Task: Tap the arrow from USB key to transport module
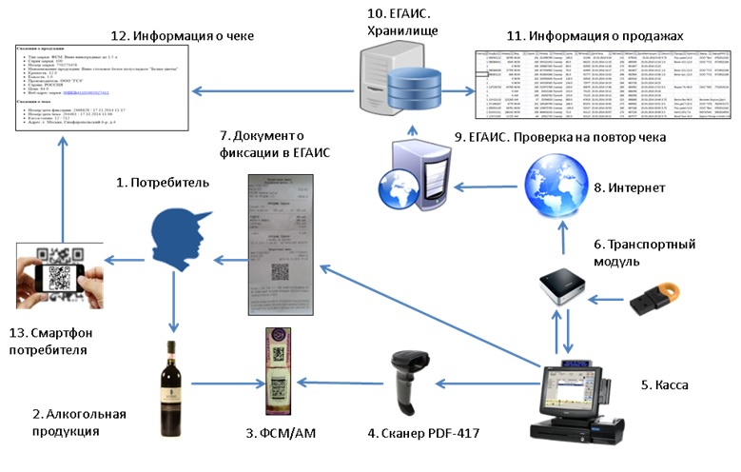pyautogui.click(x=609, y=299)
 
